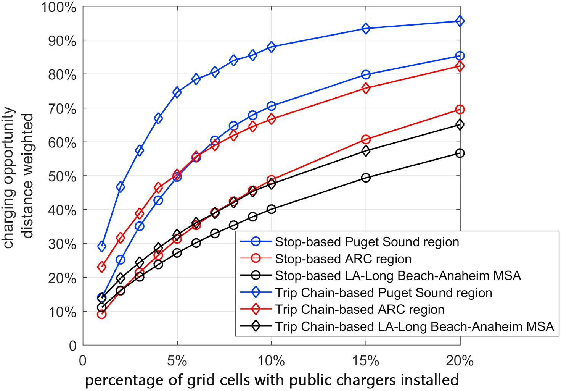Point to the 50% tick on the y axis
point(63,176)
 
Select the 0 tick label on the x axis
point(83,360)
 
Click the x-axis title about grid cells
point(271,380)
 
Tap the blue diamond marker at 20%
point(460,21)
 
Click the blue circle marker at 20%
point(460,56)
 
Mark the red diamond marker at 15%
point(366,89)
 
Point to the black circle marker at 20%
point(460,153)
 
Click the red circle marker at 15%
point(366,139)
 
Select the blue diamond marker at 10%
point(272,47)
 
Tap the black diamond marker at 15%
point(366,151)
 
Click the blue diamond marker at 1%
point(101,246)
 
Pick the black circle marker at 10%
point(272,209)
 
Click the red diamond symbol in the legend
point(256,309)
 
